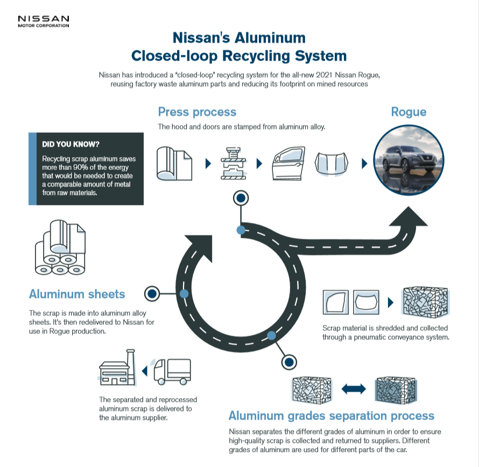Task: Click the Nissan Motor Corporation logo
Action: [44, 22]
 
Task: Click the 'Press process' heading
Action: [197, 112]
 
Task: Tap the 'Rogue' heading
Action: [408, 112]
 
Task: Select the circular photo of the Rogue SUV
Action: [408, 160]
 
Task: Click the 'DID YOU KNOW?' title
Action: [71, 144]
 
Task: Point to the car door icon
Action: [288, 163]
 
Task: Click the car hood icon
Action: [332, 164]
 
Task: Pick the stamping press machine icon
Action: [234, 164]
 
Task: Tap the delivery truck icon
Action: [172, 371]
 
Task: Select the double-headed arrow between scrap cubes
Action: [354, 389]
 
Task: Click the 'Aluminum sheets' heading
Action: [77, 294]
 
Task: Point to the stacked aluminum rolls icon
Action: [60, 247]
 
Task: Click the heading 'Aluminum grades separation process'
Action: [332, 416]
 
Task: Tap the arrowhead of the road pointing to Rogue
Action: [408, 216]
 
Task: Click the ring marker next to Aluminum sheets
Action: [152, 294]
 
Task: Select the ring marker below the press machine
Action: [241, 198]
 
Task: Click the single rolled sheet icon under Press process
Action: [174, 164]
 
